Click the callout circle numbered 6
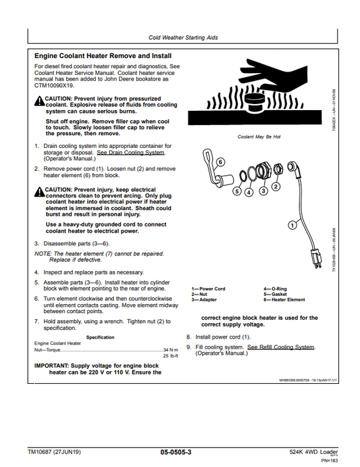point(220,163)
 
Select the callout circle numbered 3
point(262,192)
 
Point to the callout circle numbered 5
point(236,192)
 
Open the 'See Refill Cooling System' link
point(280,347)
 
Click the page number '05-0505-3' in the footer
point(176,451)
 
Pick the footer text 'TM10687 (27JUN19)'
point(54,451)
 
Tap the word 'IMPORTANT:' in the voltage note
point(53,365)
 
